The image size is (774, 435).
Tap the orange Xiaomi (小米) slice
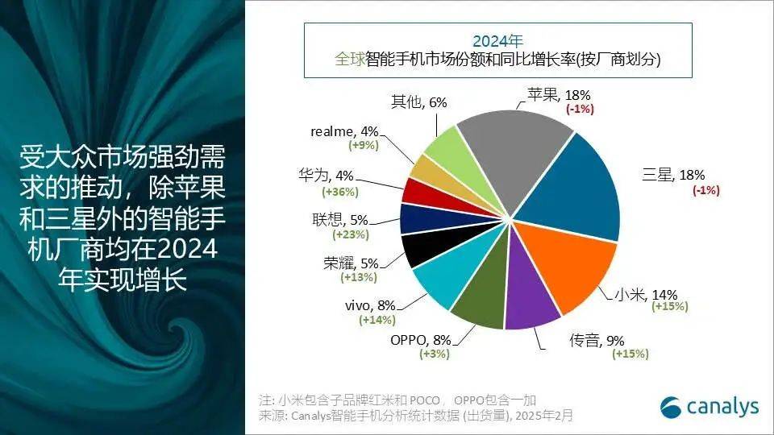[x=564, y=266]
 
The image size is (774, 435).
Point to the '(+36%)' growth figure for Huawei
[x=340, y=192]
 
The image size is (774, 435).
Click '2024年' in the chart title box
[x=497, y=40]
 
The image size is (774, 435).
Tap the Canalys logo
[x=709, y=407]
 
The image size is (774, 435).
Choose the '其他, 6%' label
[x=418, y=102]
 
